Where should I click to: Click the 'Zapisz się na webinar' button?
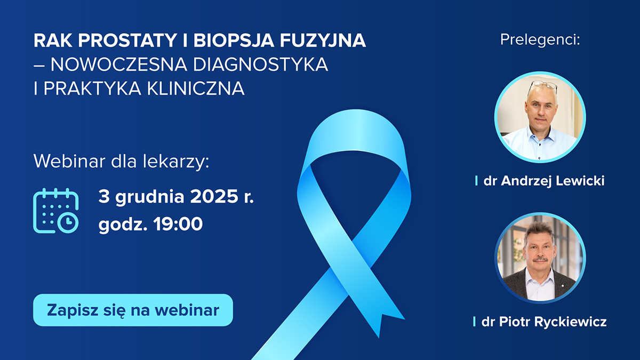[133, 310]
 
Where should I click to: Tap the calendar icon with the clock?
[56, 211]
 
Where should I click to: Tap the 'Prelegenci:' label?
[540, 40]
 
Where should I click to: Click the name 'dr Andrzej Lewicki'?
[543, 181]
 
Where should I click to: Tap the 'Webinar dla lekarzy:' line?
[121, 162]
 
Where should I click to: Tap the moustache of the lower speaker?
[540, 260]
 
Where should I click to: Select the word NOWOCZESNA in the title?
[102, 65]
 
